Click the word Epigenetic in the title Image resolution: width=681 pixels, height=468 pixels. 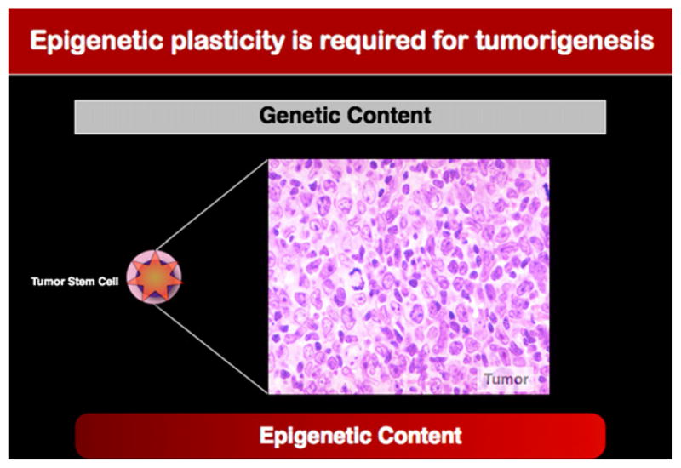click(97, 41)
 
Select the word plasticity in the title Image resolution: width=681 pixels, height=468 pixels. click(227, 41)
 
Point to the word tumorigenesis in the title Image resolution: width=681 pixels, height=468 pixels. click(564, 42)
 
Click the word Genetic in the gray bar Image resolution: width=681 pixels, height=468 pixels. click(299, 115)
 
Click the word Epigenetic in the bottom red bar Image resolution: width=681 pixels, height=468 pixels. click(314, 436)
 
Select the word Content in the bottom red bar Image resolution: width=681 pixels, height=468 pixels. click(420, 436)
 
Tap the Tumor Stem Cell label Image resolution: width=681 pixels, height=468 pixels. click(75, 282)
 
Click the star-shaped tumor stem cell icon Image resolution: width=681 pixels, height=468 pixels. click(154, 277)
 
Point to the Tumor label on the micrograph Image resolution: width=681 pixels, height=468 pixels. click(506, 379)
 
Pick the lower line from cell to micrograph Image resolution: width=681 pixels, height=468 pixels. click(211, 349)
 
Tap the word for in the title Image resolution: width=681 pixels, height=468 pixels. click(450, 40)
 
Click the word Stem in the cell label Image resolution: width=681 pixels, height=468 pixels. click(81, 282)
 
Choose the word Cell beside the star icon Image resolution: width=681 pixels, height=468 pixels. click(108, 282)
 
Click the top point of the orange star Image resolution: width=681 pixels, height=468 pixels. click(155, 252)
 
